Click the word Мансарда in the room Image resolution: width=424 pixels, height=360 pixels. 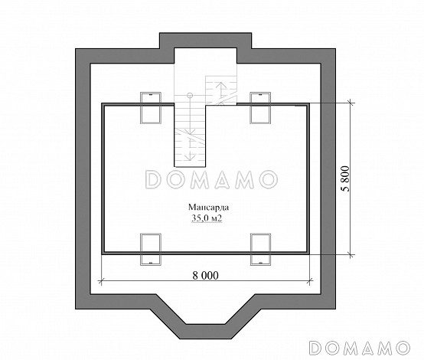pos(208,208)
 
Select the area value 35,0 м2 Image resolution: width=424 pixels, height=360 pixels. pos(207,218)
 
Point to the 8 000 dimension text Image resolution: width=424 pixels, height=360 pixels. pos(206,276)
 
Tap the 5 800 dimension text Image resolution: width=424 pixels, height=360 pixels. pos(346,178)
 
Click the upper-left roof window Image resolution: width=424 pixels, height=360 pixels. pos(151,108)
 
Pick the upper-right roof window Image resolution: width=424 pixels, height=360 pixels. pos(260,108)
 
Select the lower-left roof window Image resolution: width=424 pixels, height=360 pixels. pos(151,249)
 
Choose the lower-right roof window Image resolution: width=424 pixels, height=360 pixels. pos(260,249)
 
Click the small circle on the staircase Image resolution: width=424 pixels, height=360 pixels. pos(190,95)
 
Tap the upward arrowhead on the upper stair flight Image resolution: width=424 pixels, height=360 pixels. pos(221,84)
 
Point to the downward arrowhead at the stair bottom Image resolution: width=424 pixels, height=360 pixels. pos(190,157)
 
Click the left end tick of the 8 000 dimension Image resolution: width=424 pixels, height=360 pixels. pos(101,281)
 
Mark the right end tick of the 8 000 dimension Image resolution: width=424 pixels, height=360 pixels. pos(310,281)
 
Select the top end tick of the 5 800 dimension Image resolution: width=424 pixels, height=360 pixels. pos(351,103)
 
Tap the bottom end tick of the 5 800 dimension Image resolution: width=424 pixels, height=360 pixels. pos(351,254)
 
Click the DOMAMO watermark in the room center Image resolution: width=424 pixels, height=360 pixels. pos(211,179)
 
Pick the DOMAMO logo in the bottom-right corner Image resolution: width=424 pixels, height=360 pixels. pos(360,348)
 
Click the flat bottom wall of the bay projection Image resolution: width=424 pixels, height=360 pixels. pos(206,332)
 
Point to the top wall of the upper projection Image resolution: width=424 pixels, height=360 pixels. pos(206,41)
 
